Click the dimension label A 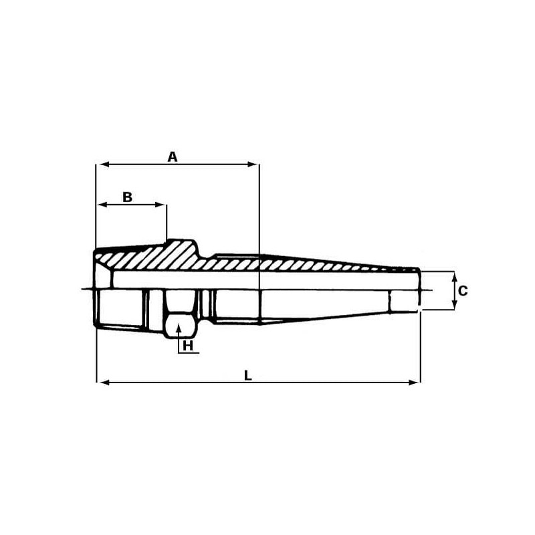[x=173, y=157]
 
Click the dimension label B [x=127, y=197]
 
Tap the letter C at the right [x=463, y=291]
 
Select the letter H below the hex [x=188, y=346]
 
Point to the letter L [x=248, y=376]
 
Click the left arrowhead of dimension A [x=104, y=165]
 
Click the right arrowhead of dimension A [x=253, y=165]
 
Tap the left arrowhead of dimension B [x=104, y=205]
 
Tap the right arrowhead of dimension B [x=160, y=205]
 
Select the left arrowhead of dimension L [x=104, y=383]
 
